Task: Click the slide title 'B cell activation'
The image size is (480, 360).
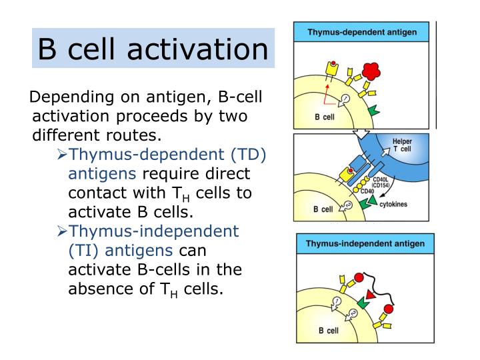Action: pyautogui.click(x=153, y=48)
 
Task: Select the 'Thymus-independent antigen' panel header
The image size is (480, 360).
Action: pyautogui.click(x=365, y=243)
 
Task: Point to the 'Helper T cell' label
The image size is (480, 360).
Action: pyautogui.click(x=401, y=146)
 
